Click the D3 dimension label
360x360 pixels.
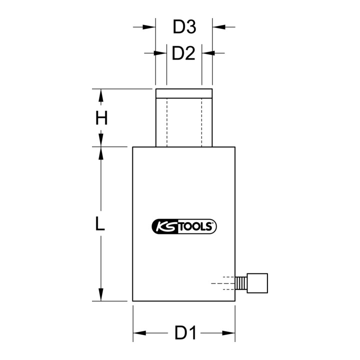184,27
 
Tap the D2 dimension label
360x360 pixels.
183,53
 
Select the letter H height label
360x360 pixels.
101,118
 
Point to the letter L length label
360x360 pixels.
100,223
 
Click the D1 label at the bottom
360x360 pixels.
185,332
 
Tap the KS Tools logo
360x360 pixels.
184,226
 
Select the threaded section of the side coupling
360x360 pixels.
241,283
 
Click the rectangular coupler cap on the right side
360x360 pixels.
257,283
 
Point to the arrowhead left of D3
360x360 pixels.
149,27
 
